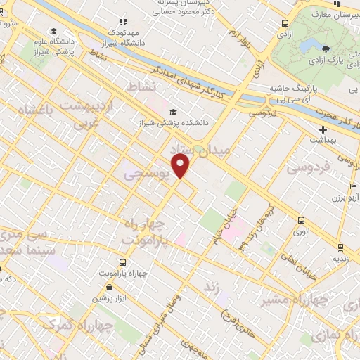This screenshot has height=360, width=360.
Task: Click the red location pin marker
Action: click(182, 166)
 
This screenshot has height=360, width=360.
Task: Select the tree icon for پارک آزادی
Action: click(326, 49)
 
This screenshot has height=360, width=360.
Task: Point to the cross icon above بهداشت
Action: click(323, 129)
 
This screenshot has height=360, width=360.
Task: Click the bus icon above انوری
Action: click(301, 219)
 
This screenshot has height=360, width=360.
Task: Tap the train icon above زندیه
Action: click(340, 247)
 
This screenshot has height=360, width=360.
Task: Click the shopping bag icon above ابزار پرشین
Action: click(109, 287)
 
